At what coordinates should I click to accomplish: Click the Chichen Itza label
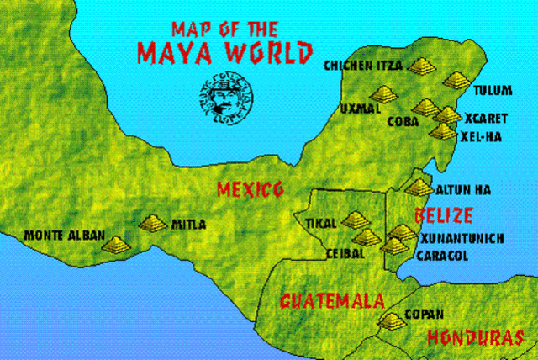point(364,65)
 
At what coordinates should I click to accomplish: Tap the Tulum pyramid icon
point(456,80)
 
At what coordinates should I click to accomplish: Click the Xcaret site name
point(485,119)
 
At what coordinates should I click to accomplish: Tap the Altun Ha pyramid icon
point(417,187)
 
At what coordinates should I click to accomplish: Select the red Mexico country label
point(250,188)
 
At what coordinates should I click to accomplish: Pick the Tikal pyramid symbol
point(356,220)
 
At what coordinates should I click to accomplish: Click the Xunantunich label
point(462,239)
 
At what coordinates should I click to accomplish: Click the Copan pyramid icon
point(391,320)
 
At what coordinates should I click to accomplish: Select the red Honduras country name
point(476,337)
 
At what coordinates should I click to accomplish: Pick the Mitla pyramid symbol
point(153,224)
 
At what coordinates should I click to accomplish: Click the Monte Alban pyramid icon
point(116,244)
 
